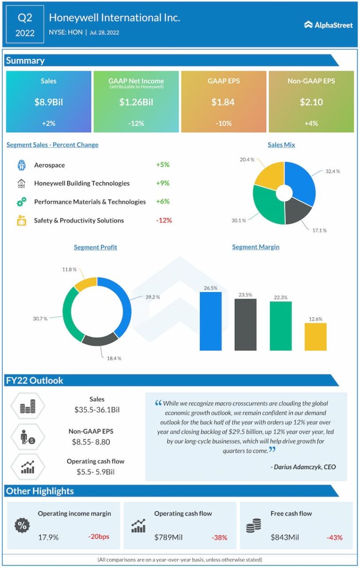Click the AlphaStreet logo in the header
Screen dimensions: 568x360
328,25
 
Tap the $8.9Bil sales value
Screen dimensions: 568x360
48,102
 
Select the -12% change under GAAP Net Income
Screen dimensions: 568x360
136,123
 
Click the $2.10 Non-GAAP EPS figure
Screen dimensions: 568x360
311,102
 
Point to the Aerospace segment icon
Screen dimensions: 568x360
21,165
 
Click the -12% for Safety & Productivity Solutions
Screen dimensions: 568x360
164,220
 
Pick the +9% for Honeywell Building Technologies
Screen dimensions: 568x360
163,183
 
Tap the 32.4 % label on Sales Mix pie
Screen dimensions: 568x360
332,172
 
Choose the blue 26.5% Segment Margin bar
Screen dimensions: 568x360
210,321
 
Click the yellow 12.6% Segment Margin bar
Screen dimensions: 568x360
315,336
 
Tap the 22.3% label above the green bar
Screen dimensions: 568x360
281,298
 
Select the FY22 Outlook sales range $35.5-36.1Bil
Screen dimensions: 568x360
97,410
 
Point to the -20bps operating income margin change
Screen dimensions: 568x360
98,537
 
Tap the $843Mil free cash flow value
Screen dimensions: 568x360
285,537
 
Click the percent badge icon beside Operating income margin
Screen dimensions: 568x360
22,526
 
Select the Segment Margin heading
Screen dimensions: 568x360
255,247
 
